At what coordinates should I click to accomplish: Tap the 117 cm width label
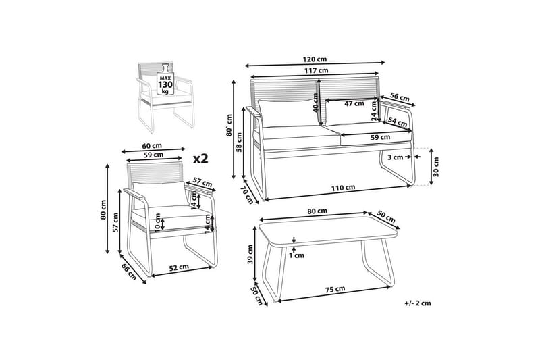(316, 71)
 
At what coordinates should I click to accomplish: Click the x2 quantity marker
(200, 158)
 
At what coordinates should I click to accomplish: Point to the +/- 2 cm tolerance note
(417, 303)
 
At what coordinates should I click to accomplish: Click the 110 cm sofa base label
(343, 188)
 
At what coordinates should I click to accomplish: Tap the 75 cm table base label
(335, 289)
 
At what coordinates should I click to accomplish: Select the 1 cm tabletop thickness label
(296, 255)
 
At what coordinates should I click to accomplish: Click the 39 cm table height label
(250, 254)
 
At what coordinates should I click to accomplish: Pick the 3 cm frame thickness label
(395, 157)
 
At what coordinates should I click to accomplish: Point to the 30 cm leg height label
(436, 167)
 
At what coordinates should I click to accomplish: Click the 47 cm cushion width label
(354, 103)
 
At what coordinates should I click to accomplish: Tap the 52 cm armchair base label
(178, 267)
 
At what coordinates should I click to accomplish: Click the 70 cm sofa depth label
(247, 195)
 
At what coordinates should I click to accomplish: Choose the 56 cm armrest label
(400, 97)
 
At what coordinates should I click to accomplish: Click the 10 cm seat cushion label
(158, 221)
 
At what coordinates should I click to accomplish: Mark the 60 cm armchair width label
(152, 146)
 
